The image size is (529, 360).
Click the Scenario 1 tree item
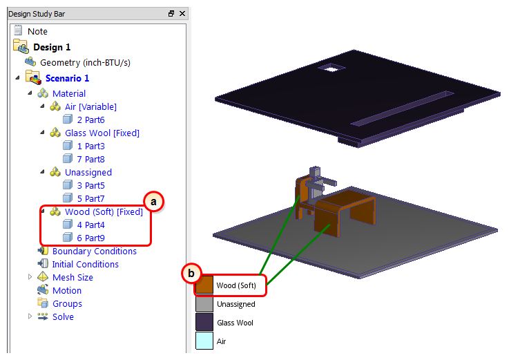(67, 78)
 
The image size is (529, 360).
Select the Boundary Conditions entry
(94, 252)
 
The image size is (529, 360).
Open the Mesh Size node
(73, 277)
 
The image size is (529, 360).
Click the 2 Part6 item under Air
(90, 120)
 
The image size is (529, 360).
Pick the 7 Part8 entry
(90, 159)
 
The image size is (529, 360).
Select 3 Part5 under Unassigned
(90, 185)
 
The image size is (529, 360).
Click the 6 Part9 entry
(90, 238)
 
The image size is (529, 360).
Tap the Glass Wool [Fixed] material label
(102, 133)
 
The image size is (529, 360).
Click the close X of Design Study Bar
(182, 14)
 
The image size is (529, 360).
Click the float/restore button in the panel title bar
(171, 14)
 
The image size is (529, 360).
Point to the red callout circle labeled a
(154, 202)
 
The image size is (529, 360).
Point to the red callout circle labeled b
(191, 273)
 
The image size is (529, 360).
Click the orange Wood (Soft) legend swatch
(204, 285)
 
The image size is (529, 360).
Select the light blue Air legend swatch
(204, 341)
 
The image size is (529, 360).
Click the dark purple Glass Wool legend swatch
(204, 322)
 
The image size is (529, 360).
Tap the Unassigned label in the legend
(235, 304)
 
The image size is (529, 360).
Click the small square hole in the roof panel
(331, 68)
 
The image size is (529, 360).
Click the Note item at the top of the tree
(37, 31)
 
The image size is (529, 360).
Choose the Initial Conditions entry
(86, 265)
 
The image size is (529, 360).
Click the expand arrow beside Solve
(30, 316)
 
